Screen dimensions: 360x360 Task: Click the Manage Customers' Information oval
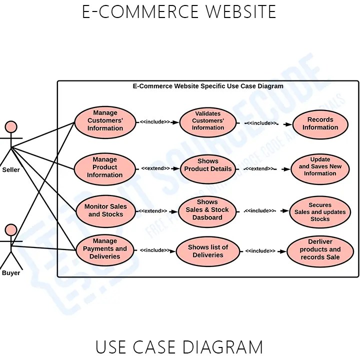click(105, 121)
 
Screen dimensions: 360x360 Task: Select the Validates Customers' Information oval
click(208, 121)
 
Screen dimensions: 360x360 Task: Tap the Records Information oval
click(320, 123)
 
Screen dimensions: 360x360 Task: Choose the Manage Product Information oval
click(105, 168)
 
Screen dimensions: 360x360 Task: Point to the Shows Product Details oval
click(208, 166)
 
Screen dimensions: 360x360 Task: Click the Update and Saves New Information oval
click(320, 167)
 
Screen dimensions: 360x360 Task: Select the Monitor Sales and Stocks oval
click(105, 210)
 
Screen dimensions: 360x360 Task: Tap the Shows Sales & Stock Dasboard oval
click(207, 210)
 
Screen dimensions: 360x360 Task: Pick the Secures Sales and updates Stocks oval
click(320, 212)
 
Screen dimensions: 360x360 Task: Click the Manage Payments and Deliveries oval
click(105, 249)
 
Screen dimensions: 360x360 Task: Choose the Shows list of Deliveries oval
click(208, 251)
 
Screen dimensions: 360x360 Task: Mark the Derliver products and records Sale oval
click(320, 250)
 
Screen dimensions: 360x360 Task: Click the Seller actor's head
click(11, 127)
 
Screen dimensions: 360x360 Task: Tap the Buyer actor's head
click(11, 230)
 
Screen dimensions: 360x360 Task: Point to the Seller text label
click(11, 170)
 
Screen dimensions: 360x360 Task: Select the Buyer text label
click(11, 273)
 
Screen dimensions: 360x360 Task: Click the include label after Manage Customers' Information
click(154, 121)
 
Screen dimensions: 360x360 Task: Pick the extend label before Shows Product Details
click(155, 168)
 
